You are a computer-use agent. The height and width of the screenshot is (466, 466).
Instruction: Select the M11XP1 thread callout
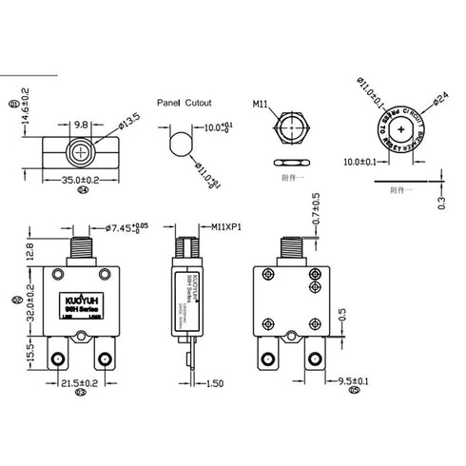point(226,228)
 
